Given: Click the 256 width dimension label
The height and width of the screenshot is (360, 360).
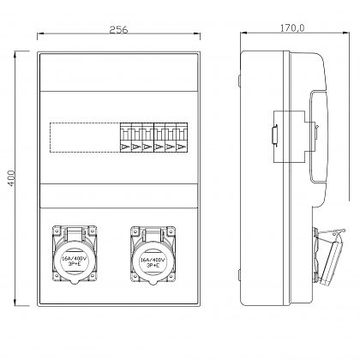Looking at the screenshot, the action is (x=118, y=29).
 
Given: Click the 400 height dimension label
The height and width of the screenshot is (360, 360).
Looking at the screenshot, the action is (x=11, y=178).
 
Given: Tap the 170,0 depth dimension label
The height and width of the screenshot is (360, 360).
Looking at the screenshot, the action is (x=292, y=28).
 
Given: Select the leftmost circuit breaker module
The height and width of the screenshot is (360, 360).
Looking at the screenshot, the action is (x=125, y=137).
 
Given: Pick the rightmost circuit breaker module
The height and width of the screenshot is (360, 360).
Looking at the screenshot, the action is (x=182, y=137).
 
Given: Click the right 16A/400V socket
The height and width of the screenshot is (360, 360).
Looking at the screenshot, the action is (x=153, y=255).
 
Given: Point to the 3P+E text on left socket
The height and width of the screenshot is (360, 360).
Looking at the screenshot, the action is (x=75, y=264).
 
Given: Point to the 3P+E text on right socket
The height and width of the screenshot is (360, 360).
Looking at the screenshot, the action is (x=153, y=265).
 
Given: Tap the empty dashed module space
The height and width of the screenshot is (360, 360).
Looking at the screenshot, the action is (x=85, y=137).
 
